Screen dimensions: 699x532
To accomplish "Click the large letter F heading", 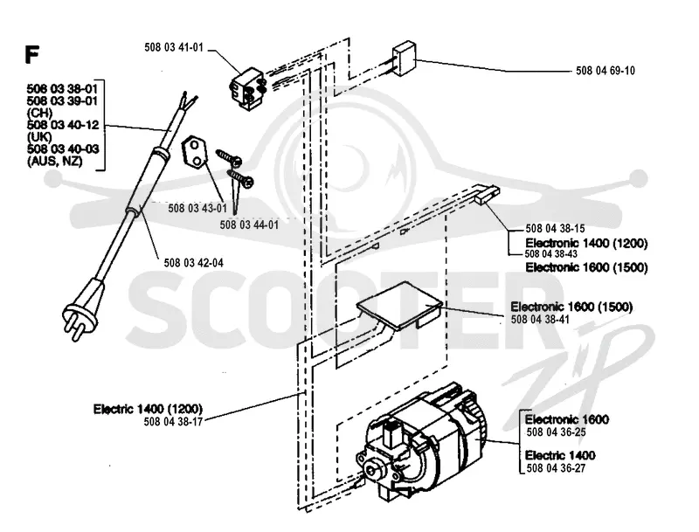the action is pos(32,54).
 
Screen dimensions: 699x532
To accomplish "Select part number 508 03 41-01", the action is pos(174,48).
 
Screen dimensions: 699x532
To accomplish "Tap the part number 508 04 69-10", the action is pos(606,71).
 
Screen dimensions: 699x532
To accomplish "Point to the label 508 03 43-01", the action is pos(197,208).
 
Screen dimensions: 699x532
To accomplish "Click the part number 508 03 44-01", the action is pos(249,225).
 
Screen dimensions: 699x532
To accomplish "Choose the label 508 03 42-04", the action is pos(193,263).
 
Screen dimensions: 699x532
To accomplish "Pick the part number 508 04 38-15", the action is pos(555,229).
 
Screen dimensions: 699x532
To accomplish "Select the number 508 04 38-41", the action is pos(540,320).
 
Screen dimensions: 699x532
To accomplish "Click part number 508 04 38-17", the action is pos(173,422).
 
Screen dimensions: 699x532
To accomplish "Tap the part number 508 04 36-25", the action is pos(557,432).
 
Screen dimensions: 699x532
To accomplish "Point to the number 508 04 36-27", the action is pos(557,468).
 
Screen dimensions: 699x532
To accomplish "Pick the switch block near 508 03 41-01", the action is pos(248,88).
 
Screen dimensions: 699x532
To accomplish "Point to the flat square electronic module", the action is pos(400,306).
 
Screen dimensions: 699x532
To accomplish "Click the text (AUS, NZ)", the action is pos(55,162).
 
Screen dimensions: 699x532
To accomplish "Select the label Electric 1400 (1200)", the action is pos(148,409).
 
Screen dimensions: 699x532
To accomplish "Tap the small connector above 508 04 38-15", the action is pos(487,195).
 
